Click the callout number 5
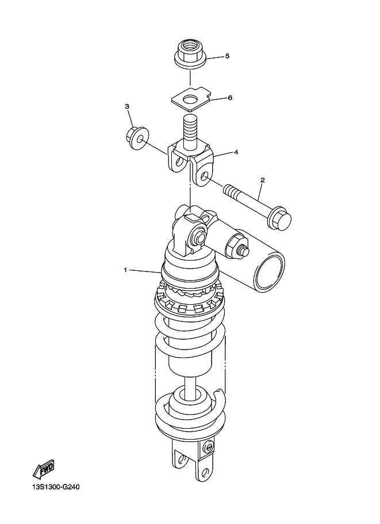227,56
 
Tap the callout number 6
230,98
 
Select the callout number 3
127,106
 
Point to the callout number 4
236,152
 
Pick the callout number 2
263,180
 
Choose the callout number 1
125,270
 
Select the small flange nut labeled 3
138,138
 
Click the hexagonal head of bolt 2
279,219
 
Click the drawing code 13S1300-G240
56,487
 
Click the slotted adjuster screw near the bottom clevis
209,447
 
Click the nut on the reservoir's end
235,246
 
